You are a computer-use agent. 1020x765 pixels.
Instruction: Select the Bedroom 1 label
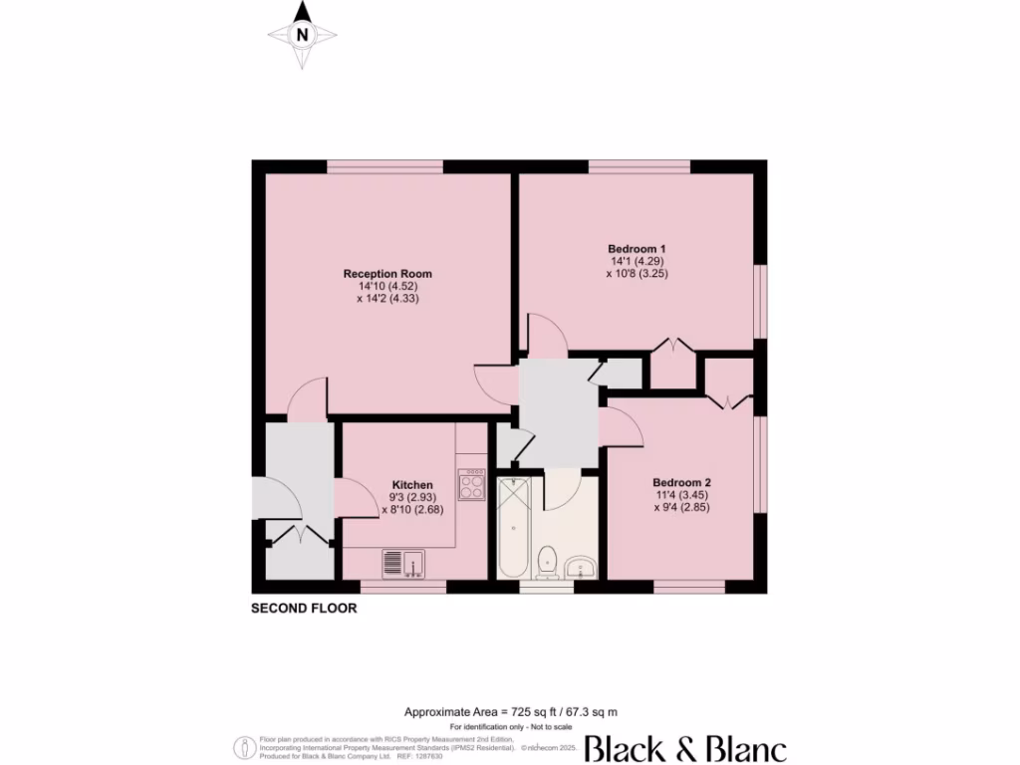(x=637, y=248)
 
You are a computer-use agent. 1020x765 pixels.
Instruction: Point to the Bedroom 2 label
(x=681, y=481)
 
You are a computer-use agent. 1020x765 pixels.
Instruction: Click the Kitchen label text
(x=411, y=485)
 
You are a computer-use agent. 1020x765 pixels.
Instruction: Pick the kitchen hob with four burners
(x=471, y=485)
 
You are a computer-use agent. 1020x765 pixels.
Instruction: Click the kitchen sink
(x=403, y=564)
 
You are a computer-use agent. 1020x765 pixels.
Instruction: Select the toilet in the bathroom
(x=546, y=563)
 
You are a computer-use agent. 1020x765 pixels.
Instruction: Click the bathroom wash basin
(x=580, y=568)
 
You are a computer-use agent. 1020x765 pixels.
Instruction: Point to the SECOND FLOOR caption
(x=303, y=608)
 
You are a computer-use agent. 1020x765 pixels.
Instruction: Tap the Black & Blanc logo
(x=685, y=749)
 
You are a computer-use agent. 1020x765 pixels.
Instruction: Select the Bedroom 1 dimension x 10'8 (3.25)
(x=637, y=273)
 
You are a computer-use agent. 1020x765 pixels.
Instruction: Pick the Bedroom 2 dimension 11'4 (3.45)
(x=681, y=494)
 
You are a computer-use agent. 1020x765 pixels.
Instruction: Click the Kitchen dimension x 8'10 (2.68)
(x=411, y=510)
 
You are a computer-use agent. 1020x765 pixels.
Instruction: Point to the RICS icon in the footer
(x=242, y=747)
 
